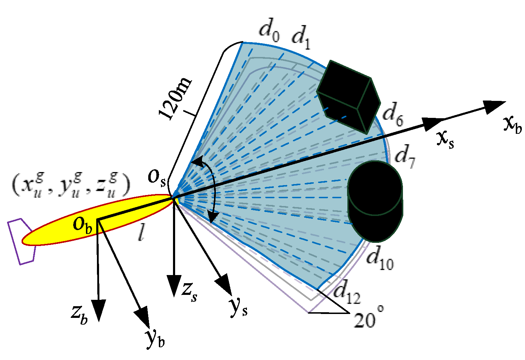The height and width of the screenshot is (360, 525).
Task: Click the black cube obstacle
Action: (348, 96)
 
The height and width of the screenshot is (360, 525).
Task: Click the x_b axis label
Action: (512, 124)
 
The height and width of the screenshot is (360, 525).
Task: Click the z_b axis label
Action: (79, 314)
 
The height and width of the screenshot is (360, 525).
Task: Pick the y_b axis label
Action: (155, 338)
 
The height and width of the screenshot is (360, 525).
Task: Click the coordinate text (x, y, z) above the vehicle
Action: (71, 186)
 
